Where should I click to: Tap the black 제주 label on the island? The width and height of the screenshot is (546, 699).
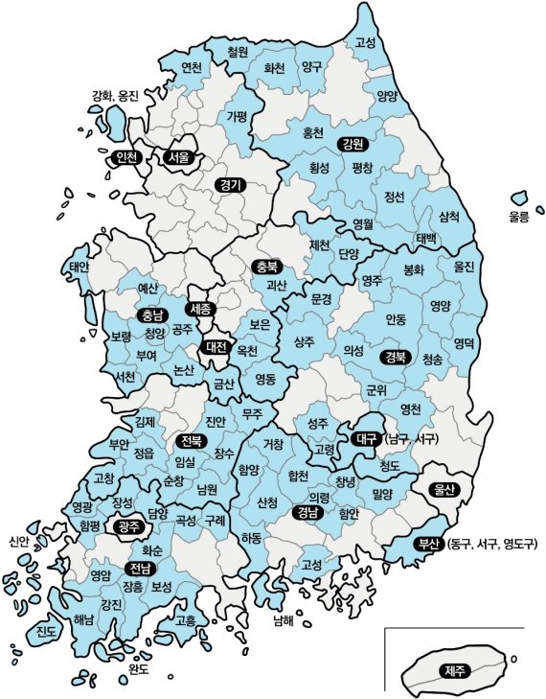tap(451, 670)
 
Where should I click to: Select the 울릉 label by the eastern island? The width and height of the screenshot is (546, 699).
tap(518, 217)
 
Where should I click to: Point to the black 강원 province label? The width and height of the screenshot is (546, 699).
tap(352, 144)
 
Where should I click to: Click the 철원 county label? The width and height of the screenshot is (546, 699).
tap(238, 52)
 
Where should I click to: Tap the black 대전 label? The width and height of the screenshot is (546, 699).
tap(216, 348)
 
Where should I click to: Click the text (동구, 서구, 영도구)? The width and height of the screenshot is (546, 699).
tap(492, 545)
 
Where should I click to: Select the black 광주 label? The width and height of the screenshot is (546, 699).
tap(126, 526)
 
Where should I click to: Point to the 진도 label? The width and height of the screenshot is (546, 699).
tap(45, 631)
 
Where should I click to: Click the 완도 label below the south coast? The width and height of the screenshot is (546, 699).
tap(138, 668)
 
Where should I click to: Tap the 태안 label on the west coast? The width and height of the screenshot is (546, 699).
tap(79, 267)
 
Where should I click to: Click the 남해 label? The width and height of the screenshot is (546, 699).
tap(283, 619)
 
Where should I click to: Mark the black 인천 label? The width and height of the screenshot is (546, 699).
tap(126, 156)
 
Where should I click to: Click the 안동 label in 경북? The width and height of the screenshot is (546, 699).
tap(396, 317)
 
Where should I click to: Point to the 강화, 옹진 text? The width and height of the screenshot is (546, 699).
tap(115, 96)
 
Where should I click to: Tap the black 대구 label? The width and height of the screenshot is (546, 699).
tap(364, 438)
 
